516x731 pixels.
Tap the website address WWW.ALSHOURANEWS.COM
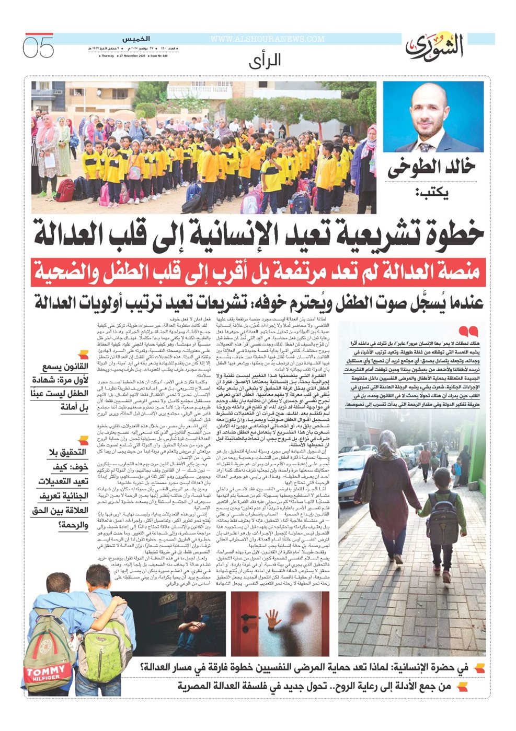pyautogui.click(x=267, y=39)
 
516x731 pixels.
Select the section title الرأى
pyautogui.click(x=265, y=61)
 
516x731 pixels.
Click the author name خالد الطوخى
pyautogui.click(x=431, y=168)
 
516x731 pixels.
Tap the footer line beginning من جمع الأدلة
pyautogui.click(x=314, y=686)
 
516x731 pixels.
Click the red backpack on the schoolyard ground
pyautogui.click(x=65, y=190)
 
